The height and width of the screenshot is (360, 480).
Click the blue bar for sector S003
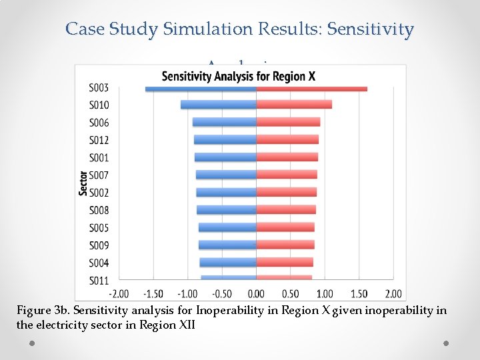pos(201,89)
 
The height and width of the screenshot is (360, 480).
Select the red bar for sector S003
pos(311,89)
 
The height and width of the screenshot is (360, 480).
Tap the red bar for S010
pos(294,105)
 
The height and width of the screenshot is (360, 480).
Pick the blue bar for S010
pos(219,105)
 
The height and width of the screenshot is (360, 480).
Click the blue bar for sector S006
pos(225,122)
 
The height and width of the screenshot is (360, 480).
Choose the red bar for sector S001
pos(287,157)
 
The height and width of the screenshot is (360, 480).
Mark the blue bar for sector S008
pos(227,210)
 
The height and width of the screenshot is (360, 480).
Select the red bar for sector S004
pos(285,263)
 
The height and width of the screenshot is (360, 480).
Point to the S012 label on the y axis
pos(99,140)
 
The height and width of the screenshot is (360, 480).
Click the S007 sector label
pos(99,175)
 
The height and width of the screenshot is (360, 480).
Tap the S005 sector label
pos(99,228)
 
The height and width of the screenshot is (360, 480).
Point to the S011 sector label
pos(99,280)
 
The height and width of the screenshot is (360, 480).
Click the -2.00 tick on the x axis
pos(119,294)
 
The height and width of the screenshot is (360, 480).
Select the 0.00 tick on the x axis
pos(256,294)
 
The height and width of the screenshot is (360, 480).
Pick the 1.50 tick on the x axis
pos(359,294)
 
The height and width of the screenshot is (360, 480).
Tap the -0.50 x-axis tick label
pos(222,294)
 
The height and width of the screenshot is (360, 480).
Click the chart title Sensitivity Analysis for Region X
pos(239,76)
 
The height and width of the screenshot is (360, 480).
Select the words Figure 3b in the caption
pos(43,311)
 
